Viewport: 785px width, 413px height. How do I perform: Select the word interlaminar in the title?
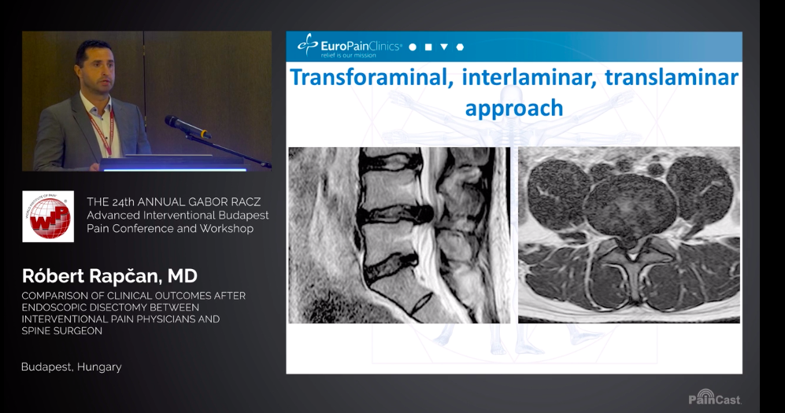tap(529, 77)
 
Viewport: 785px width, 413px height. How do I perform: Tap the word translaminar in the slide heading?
tap(672, 77)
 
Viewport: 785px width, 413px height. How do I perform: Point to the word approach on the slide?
tap(514, 109)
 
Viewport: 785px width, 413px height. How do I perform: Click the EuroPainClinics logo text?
tap(361, 46)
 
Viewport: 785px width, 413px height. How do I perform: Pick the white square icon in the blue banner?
tap(428, 47)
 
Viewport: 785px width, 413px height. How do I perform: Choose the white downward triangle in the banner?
tap(444, 47)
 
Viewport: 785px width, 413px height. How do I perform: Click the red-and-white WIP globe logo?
tap(48, 216)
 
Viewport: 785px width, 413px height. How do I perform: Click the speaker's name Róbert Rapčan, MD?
tap(109, 275)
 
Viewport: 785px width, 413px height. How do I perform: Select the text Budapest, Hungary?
tap(72, 367)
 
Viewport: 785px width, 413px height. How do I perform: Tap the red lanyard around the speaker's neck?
tap(104, 131)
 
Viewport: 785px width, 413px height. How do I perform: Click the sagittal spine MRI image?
tap(399, 235)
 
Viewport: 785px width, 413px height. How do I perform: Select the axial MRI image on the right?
tap(629, 235)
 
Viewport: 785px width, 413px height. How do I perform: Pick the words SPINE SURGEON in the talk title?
tap(62, 331)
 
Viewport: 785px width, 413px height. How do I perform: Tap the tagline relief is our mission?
tap(349, 56)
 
